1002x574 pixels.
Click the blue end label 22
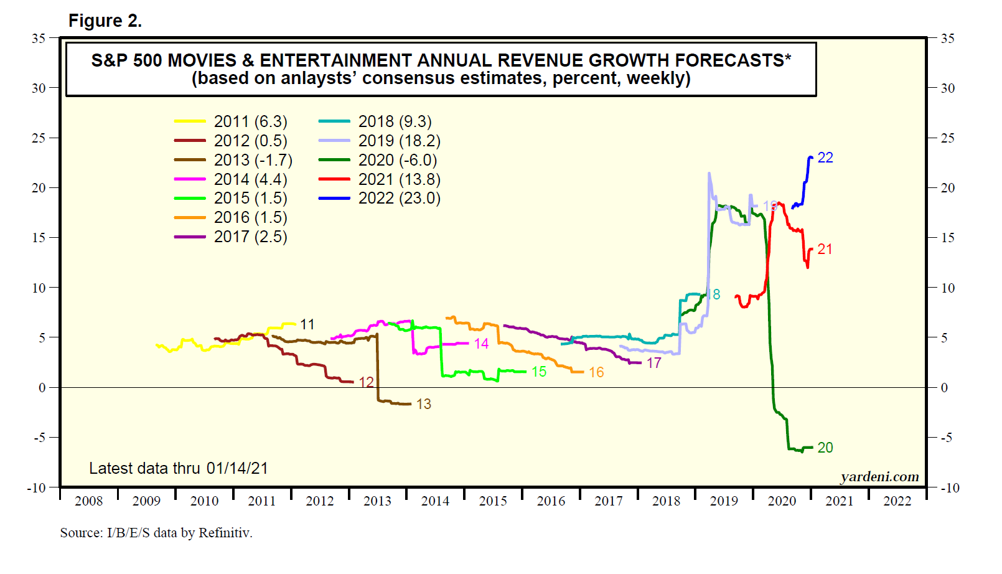pyautogui.click(x=825, y=158)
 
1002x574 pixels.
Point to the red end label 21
pyautogui.click(x=825, y=249)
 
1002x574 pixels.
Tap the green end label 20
pyautogui.click(x=825, y=448)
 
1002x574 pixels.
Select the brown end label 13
pyautogui.click(x=424, y=404)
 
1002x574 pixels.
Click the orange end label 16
pyautogui.click(x=596, y=372)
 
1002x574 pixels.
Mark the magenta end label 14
pyautogui.click(x=481, y=344)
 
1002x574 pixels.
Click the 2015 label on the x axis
pyautogui.click(x=493, y=501)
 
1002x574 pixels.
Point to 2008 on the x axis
pyautogui.click(x=88, y=501)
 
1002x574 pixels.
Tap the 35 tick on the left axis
pyautogui.click(x=39, y=38)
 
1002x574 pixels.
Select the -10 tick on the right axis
pyautogui.click(x=950, y=487)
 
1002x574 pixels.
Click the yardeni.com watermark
pyautogui.click(x=879, y=477)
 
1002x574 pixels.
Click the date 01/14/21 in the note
pyautogui.click(x=237, y=468)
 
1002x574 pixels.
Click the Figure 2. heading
pyautogui.click(x=105, y=21)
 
